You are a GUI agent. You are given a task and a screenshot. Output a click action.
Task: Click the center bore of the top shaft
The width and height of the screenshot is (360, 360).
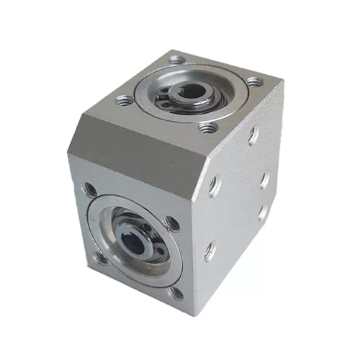tap(192, 91)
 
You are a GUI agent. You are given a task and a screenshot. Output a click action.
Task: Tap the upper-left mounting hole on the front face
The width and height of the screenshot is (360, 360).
tap(90, 190)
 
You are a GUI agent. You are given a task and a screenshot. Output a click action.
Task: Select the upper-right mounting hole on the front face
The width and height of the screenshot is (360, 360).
tap(171, 224)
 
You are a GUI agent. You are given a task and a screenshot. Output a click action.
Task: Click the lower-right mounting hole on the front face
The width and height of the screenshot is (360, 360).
tap(175, 292)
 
